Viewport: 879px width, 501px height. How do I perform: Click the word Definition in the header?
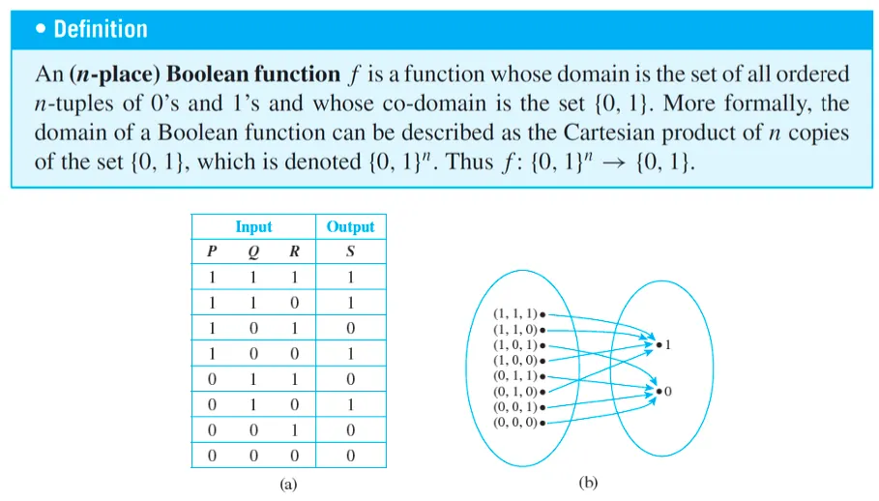click(x=100, y=29)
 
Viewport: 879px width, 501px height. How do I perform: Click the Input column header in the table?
click(x=253, y=227)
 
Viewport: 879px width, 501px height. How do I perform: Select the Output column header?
click(x=350, y=227)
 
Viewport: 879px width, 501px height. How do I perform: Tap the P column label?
click(x=212, y=252)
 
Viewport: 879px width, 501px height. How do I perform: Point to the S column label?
click(x=350, y=252)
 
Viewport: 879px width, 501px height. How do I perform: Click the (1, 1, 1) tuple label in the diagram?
click(x=515, y=314)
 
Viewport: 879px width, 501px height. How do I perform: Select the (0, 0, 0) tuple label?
click(x=515, y=423)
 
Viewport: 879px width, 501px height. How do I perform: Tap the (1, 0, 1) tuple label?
click(x=515, y=345)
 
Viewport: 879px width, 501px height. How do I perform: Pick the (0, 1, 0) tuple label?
click(x=515, y=392)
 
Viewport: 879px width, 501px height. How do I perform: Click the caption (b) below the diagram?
click(x=588, y=482)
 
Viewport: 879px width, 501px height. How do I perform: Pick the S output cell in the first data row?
click(x=350, y=278)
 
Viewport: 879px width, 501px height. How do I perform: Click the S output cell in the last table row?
click(x=350, y=456)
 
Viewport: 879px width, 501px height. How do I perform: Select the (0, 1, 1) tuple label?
click(x=515, y=376)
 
